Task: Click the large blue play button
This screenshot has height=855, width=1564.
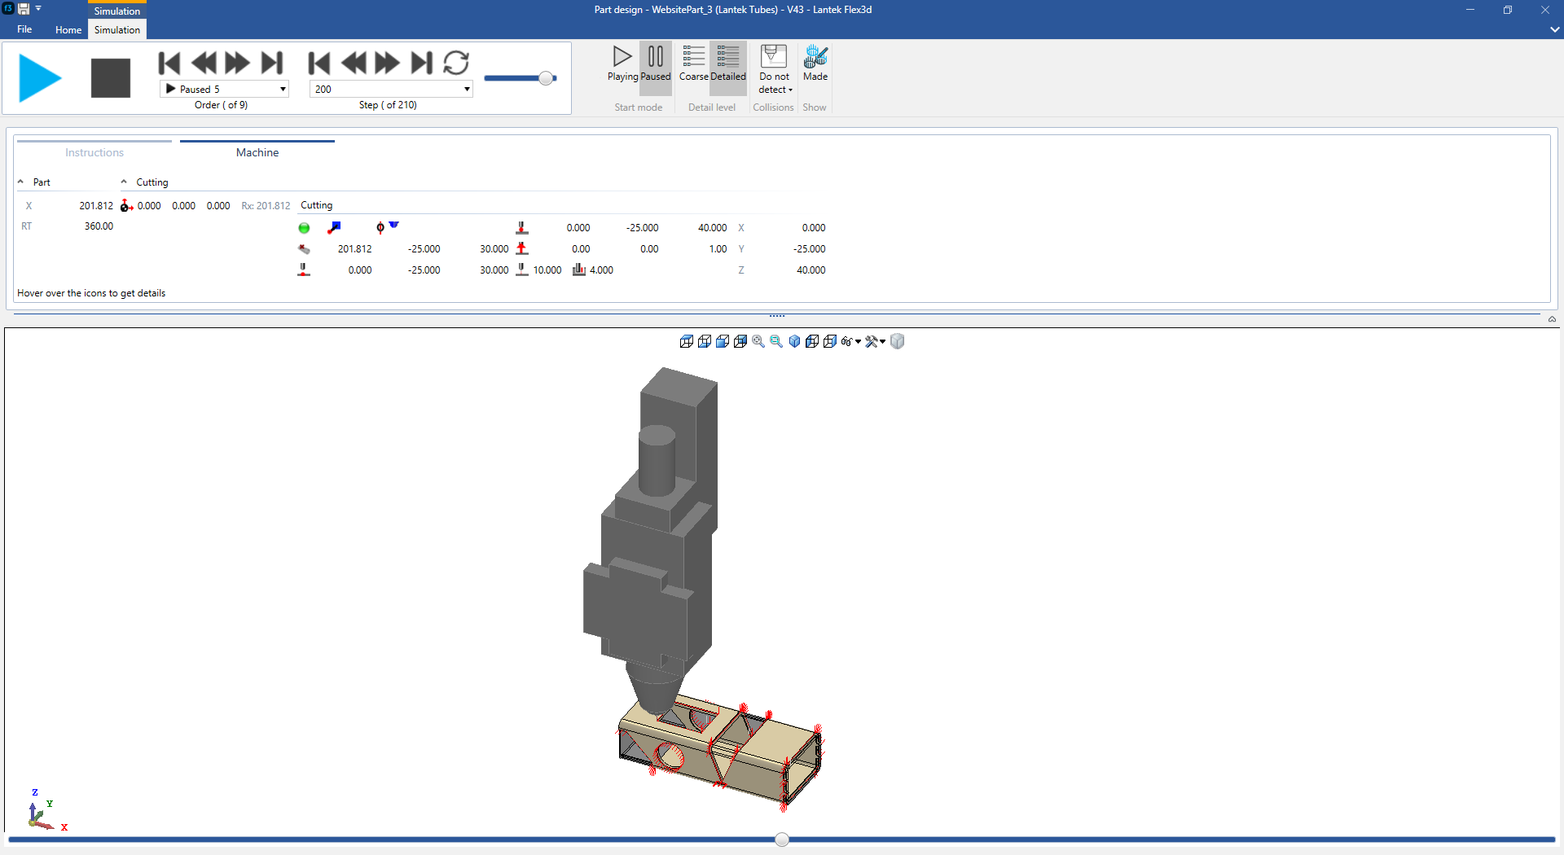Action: (x=40, y=78)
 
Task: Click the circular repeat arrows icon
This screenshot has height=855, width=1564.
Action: (x=456, y=63)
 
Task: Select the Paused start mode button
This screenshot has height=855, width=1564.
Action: (x=655, y=64)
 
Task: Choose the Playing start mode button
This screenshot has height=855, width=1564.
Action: (x=622, y=64)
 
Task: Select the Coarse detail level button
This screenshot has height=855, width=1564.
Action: (x=693, y=64)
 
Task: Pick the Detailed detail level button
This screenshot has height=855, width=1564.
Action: (x=727, y=64)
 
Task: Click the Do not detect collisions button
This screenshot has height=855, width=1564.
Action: (x=774, y=69)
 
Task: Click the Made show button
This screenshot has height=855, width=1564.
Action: (x=815, y=64)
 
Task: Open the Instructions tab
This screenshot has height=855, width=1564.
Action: (x=94, y=152)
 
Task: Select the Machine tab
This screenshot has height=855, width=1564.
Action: (x=257, y=152)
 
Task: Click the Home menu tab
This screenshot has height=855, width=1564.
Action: (x=68, y=30)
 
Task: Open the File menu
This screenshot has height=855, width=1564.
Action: (x=24, y=29)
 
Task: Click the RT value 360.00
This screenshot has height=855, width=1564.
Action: (x=99, y=226)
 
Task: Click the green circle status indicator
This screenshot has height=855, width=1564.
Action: (x=304, y=228)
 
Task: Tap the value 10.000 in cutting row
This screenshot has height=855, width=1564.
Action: (x=547, y=270)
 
